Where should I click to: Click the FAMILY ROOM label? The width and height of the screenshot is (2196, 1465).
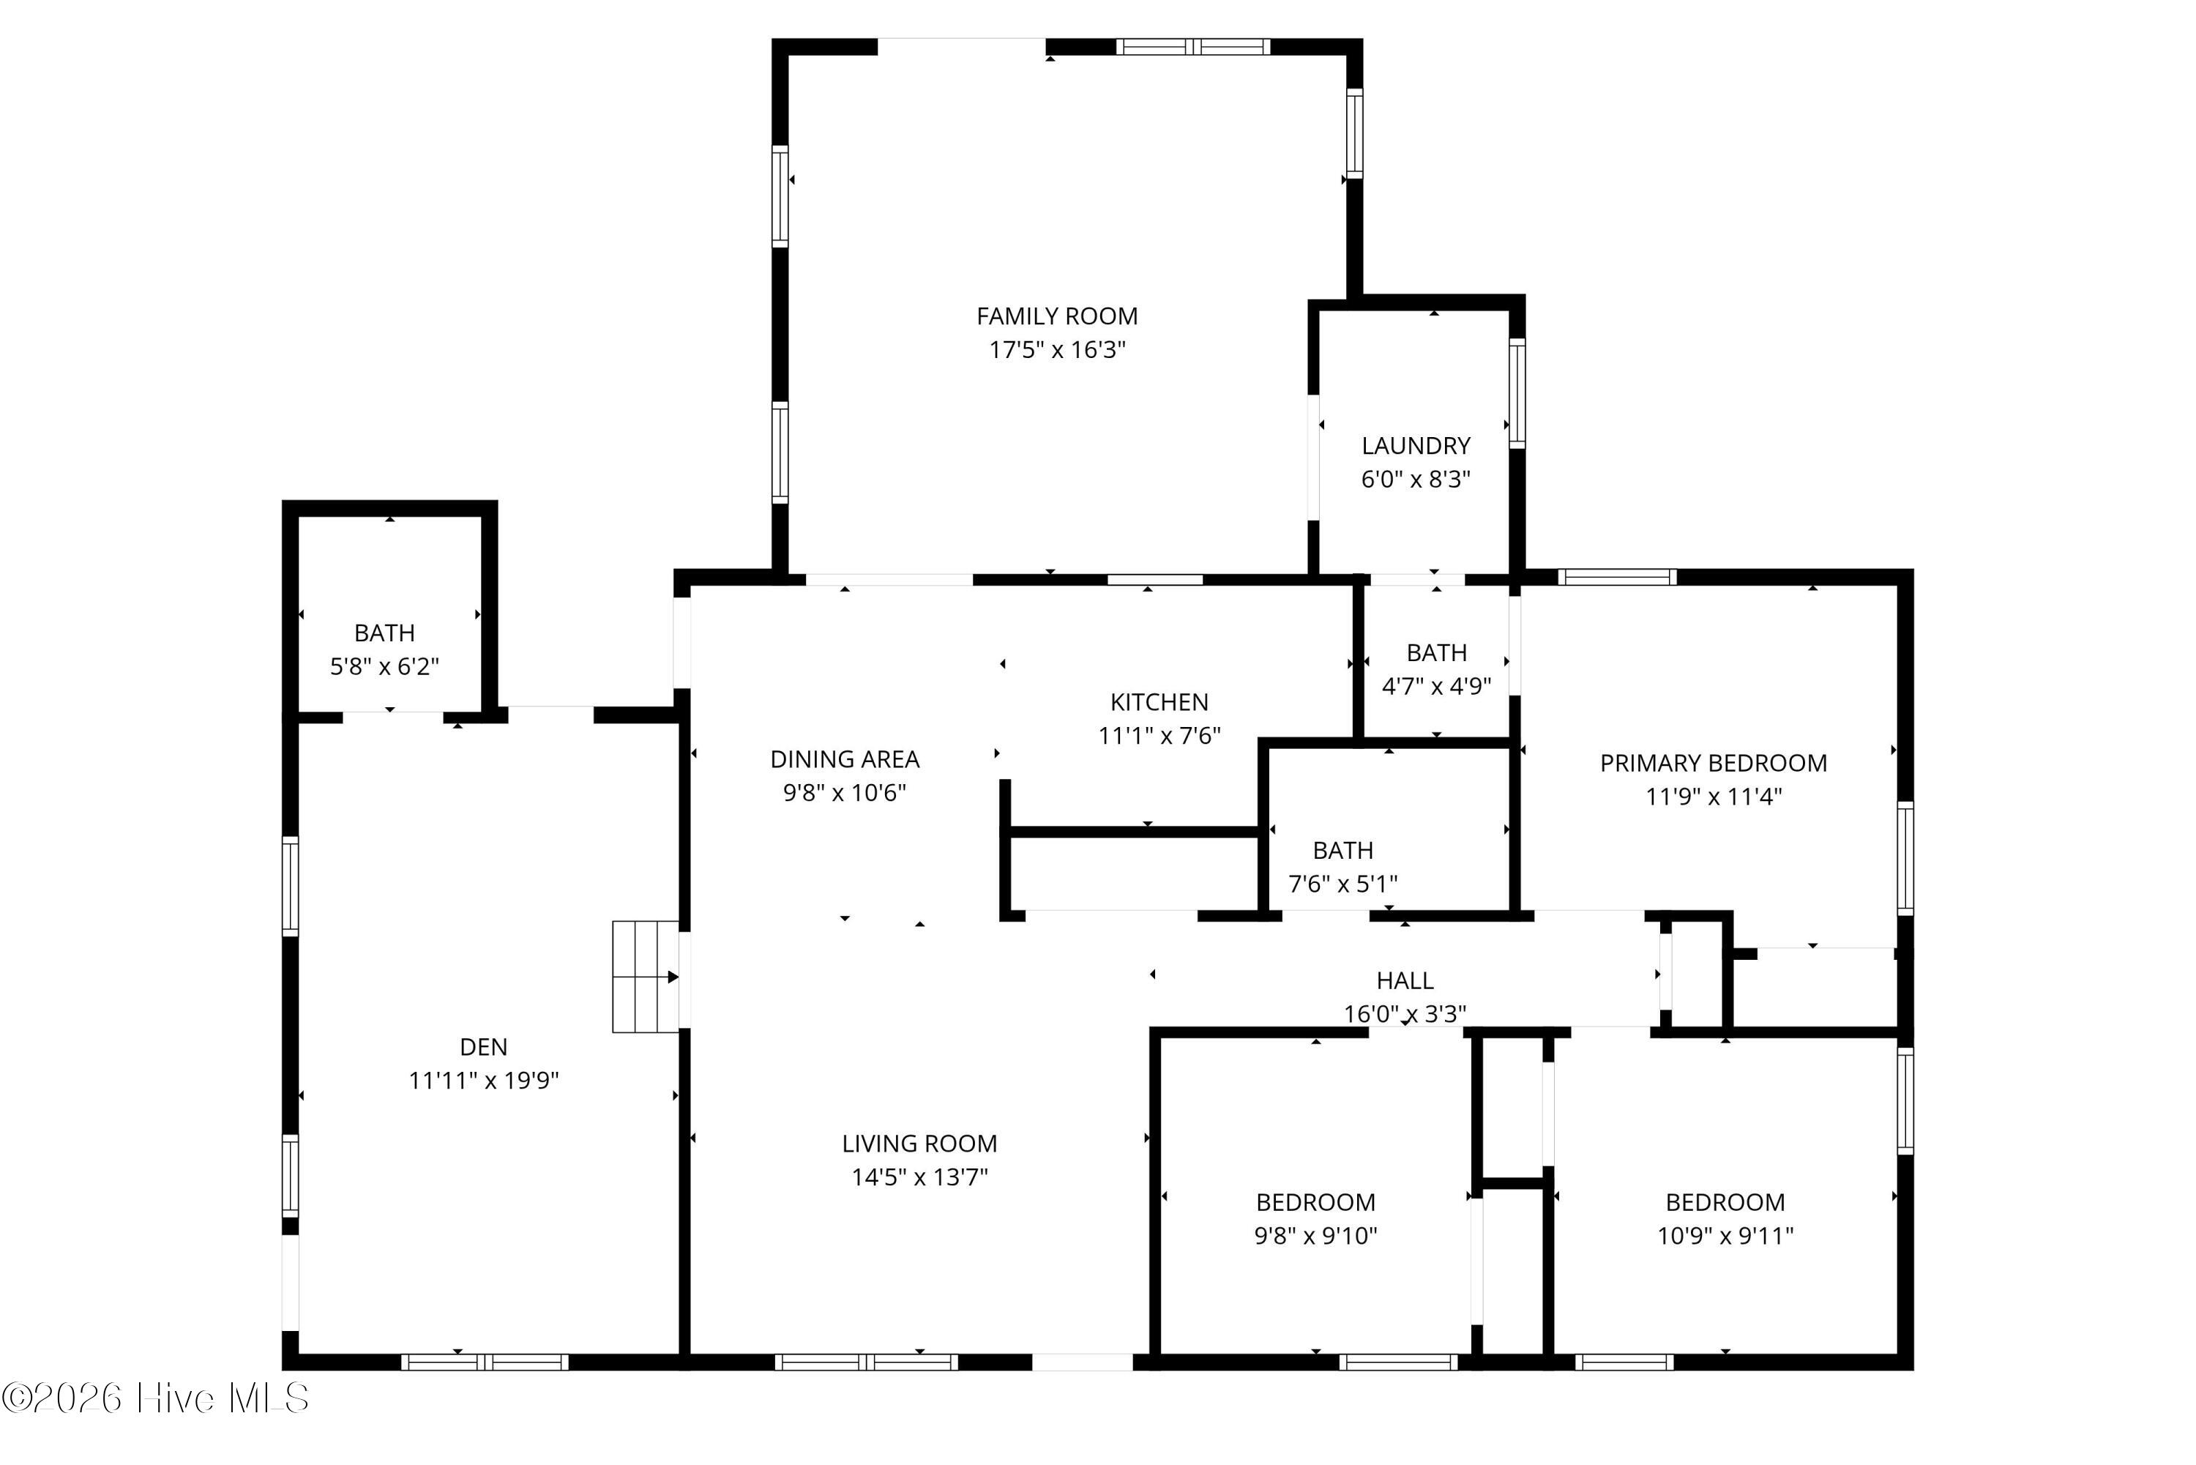click(1056, 317)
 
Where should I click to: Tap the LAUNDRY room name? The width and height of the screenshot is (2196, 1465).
click(1416, 447)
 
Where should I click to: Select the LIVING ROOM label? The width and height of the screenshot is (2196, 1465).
click(919, 1144)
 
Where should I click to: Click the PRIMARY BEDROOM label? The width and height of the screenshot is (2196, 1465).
click(1713, 764)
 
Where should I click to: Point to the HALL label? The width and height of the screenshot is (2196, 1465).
click(1405, 981)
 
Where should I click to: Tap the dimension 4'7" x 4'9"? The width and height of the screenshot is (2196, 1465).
click(1437, 687)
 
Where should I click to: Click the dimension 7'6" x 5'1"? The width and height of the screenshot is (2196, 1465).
click(1343, 884)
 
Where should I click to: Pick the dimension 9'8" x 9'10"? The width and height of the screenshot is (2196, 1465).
click(1315, 1236)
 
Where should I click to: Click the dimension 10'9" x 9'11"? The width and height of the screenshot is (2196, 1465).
click(1725, 1236)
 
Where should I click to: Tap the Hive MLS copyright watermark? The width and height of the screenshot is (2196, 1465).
click(155, 1398)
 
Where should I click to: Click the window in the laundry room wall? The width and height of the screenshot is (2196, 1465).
click(1517, 393)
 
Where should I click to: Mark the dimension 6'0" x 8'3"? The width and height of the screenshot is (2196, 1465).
click(1416, 480)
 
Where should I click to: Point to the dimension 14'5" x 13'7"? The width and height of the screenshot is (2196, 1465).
click(919, 1177)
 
